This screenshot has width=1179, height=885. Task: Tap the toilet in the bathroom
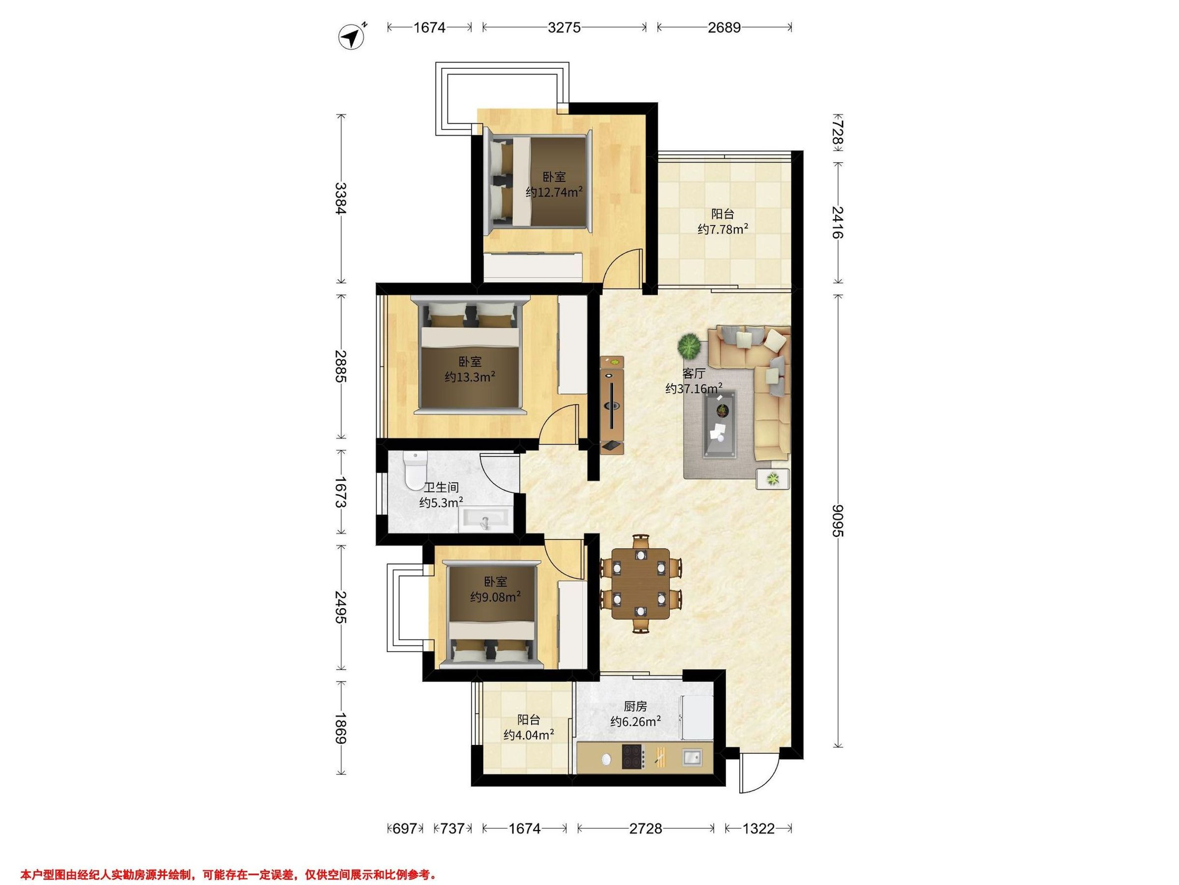[415, 471]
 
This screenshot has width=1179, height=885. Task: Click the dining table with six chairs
[641, 584]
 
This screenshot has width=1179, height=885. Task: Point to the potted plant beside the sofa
[689, 346]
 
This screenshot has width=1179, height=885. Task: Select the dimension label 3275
[564, 27]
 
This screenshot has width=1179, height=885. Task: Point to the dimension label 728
[839, 132]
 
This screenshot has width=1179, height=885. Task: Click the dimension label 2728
[646, 828]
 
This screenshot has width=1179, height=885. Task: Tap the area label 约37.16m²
[694, 388]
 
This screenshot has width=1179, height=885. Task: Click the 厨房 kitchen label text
[635, 707]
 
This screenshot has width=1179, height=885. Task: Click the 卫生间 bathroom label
[441, 488]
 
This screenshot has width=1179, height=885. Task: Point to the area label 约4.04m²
[529, 735]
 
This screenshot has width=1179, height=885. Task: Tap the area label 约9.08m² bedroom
[495, 597]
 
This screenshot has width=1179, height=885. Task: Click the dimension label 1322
[758, 828]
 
